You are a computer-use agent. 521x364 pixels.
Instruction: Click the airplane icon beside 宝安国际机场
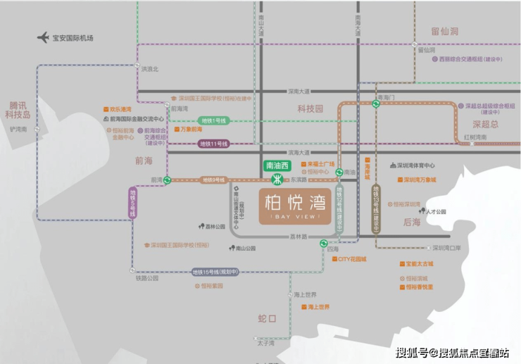(44, 37)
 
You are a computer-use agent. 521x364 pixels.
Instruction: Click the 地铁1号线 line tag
(213, 121)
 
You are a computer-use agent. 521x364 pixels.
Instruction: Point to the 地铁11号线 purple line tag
(213, 144)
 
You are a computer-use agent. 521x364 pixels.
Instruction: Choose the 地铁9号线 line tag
(212, 180)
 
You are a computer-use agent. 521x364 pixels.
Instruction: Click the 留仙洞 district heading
(444, 31)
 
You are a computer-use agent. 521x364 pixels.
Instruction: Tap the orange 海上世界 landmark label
(315, 307)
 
